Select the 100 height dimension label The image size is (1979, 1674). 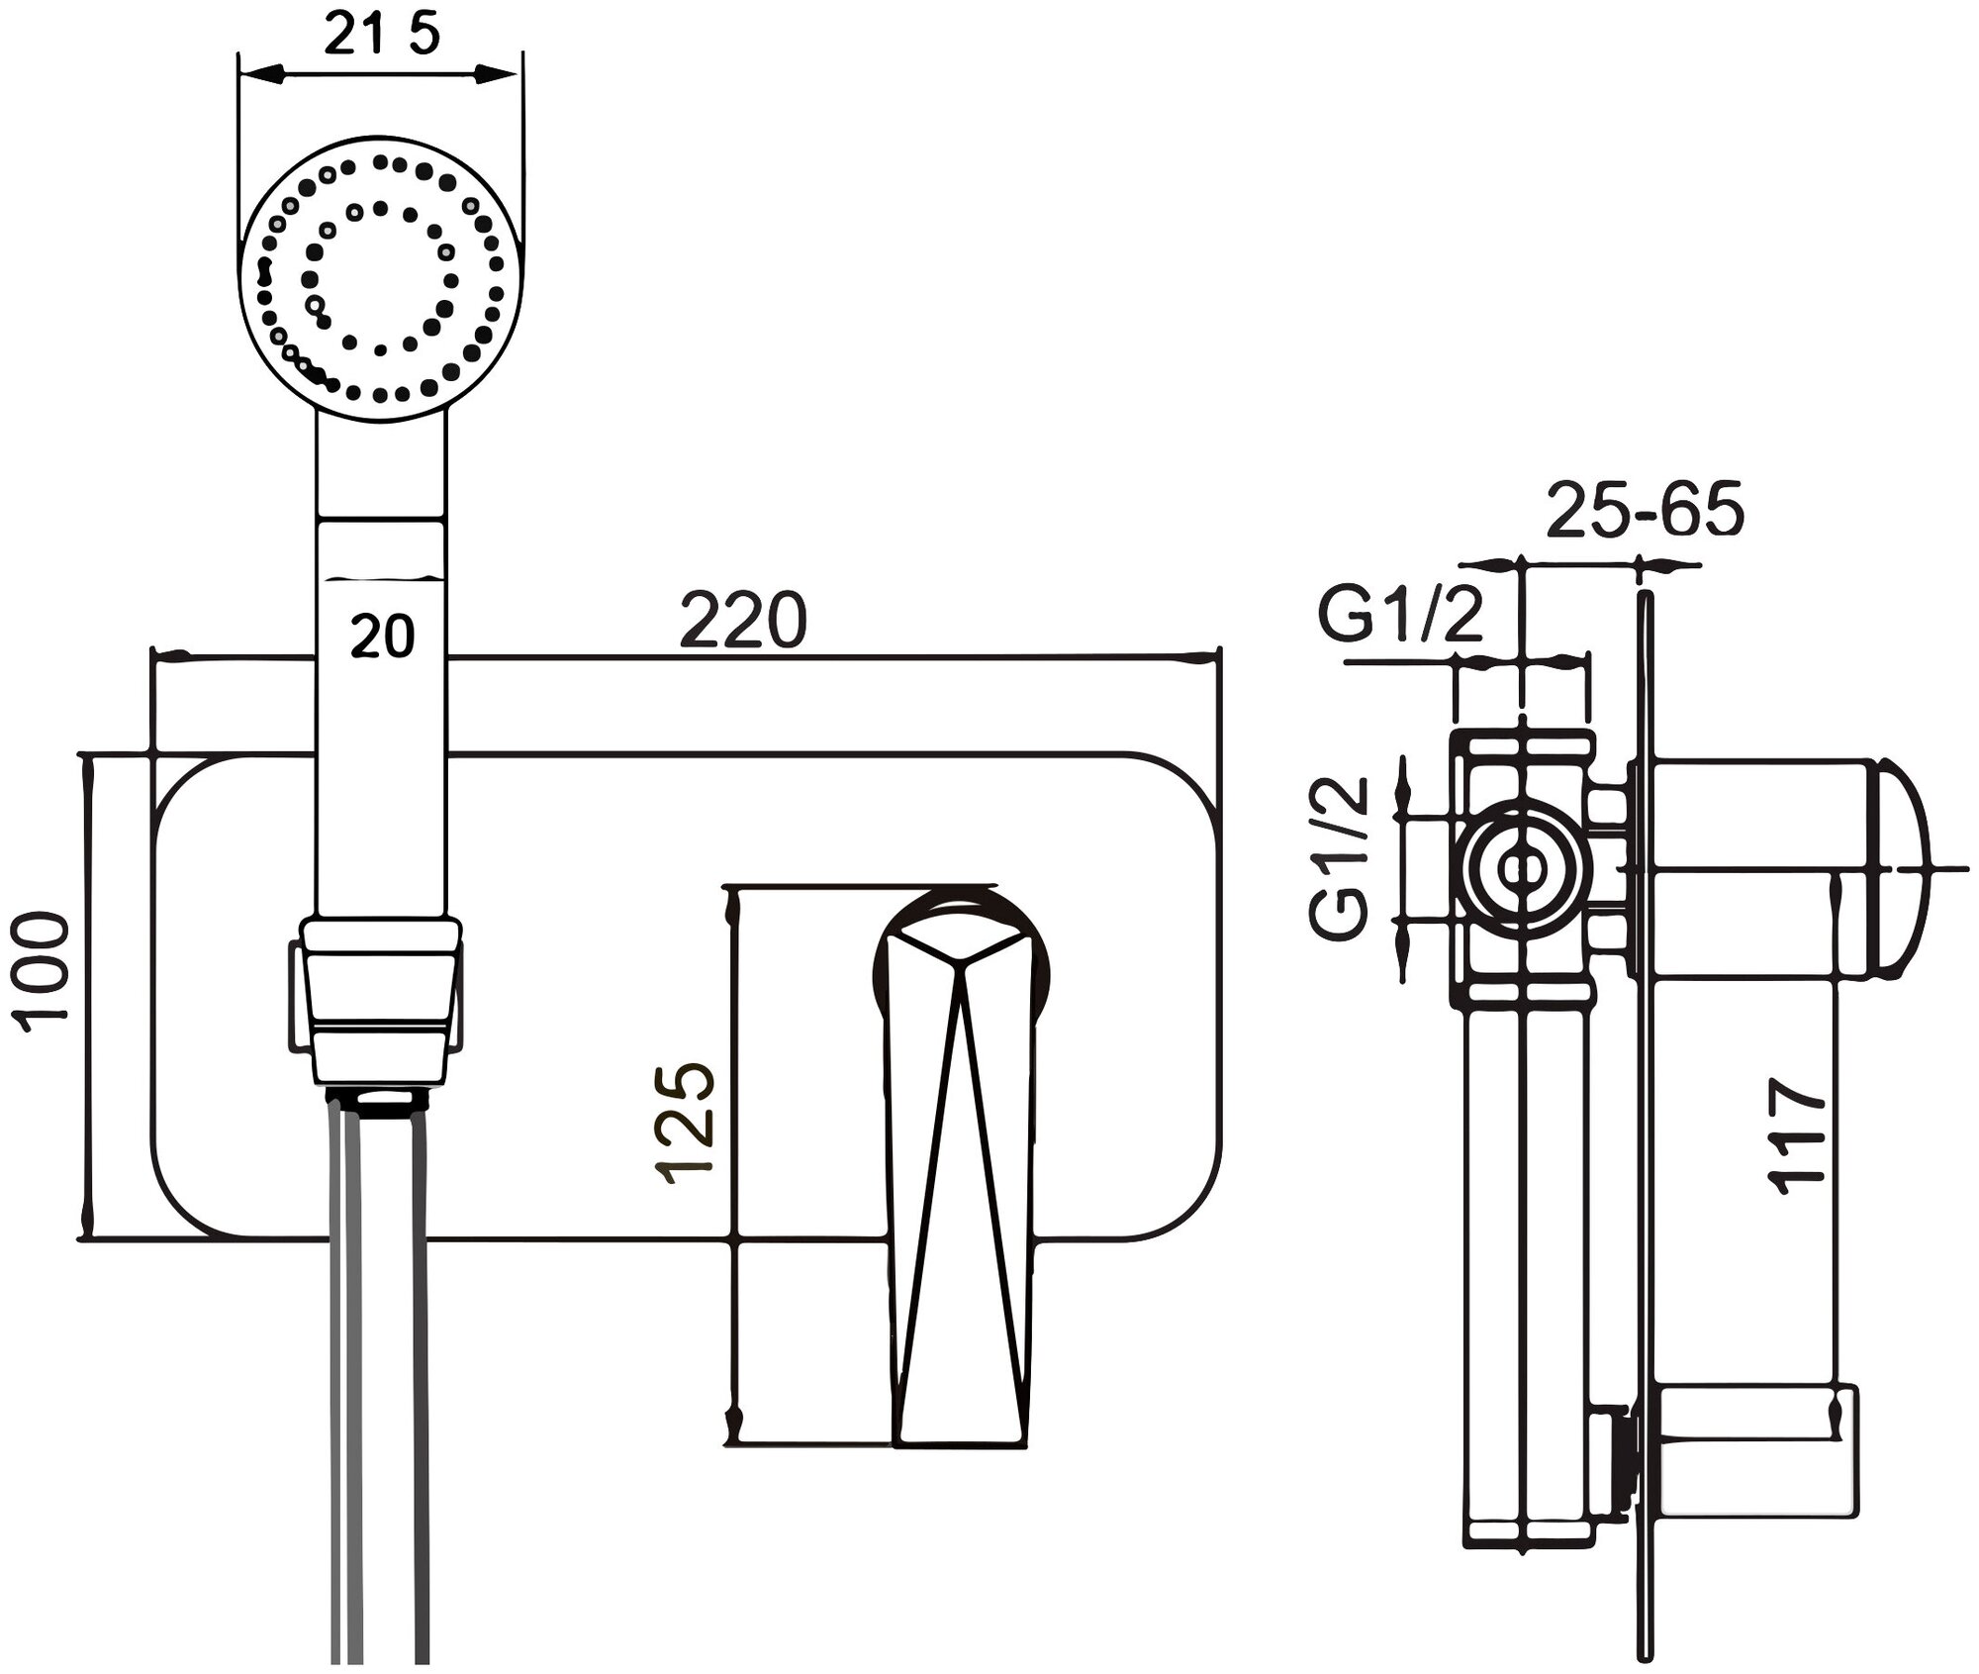click(x=47, y=970)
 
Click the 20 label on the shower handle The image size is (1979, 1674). click(x=382, y=637)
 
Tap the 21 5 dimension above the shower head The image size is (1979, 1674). click(x=381, y=37)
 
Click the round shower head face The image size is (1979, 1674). click(x=378, y=280)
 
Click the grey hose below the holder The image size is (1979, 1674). click(x=380, y=1386)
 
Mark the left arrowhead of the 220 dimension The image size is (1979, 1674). click(x=163, y=655)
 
